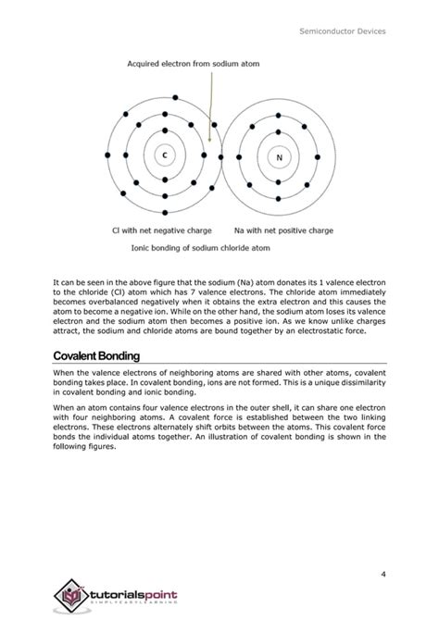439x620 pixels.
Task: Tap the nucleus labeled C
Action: pyautogui.click(x=165, y=155)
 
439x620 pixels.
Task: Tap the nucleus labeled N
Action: pyautogui.click(x=277, y=156)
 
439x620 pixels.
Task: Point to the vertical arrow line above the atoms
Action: pyautogui.click(x=211, y=102)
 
